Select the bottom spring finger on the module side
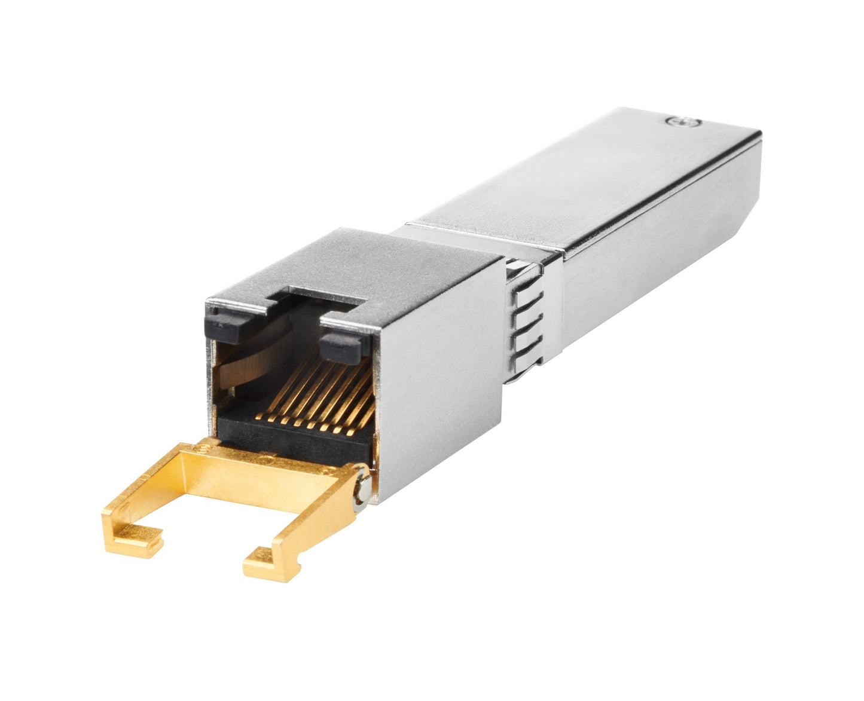click(526, 350)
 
